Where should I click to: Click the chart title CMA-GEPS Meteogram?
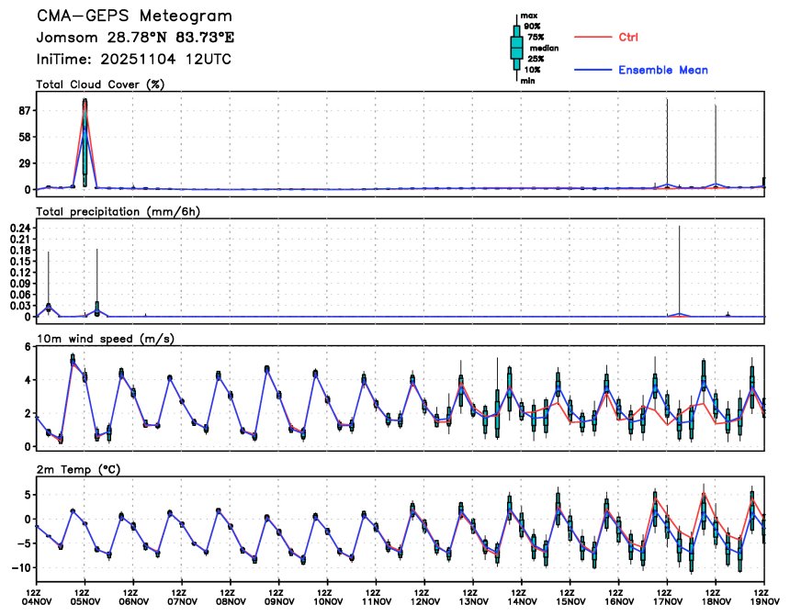[134, 17]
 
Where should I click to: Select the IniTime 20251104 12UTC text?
[133, 59]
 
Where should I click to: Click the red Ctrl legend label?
[628, 37]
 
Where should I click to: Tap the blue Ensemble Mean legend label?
[662, 71]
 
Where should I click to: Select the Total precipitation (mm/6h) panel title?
[118, 211]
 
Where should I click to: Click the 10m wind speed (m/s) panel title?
[106, 339]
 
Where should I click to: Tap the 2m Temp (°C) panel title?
[78, 469]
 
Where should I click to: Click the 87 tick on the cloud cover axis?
[25, 111]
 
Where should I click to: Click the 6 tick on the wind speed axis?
[28, 346]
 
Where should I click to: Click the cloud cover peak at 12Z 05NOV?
[85, 103]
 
